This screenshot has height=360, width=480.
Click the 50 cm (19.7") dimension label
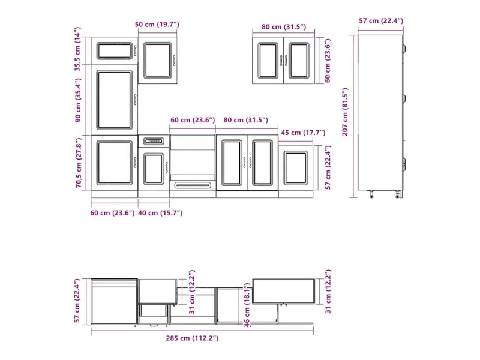click(x=157, y=24)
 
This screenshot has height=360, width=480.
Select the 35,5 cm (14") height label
click(x=78, y=49)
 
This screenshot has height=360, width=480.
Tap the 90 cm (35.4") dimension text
click(x=78, y=100)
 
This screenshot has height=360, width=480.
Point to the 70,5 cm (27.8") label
click(x=79, y=163)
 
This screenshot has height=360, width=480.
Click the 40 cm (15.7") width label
click(x=160, y=213)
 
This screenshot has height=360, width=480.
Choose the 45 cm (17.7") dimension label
click(x=303, y=133)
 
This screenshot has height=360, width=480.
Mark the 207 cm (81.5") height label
click(x=346, y=112)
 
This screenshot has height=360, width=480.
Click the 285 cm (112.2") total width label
click(x=192, y=338)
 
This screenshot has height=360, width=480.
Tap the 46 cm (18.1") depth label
click(x=247, y=305)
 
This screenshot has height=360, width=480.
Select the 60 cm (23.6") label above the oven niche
click(x=193, y=119)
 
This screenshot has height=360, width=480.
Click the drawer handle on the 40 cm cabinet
click(x=154, y=141)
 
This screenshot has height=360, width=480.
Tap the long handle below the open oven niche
click(x=193, y=185)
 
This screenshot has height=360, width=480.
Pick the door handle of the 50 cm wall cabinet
click(x=174, y=61)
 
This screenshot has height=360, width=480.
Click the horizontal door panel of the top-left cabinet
click(x=115, y=51)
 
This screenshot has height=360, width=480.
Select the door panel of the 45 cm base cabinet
click(x=295, y=168)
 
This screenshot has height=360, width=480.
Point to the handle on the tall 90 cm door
click(x=136, y=100)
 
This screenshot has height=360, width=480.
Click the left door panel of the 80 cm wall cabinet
click(x=268, y=61)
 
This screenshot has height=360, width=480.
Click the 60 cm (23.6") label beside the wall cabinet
click(x=328, y=61)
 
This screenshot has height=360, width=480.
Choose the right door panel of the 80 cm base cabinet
click(x=262, y=163)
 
